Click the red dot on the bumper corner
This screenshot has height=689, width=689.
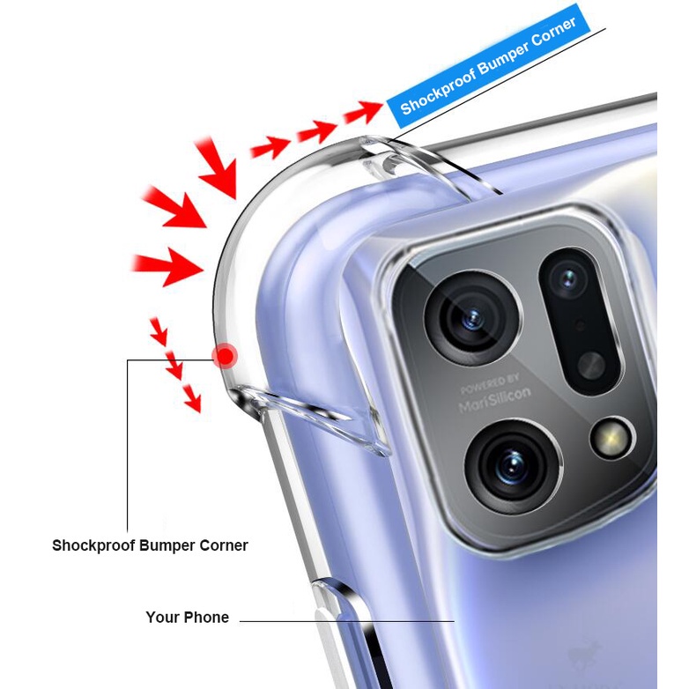pos(226,356)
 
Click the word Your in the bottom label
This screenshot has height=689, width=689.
pos(162,618)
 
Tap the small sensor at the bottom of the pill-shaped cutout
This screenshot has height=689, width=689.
pos(591,364)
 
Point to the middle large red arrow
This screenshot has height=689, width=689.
pos(176,208)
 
